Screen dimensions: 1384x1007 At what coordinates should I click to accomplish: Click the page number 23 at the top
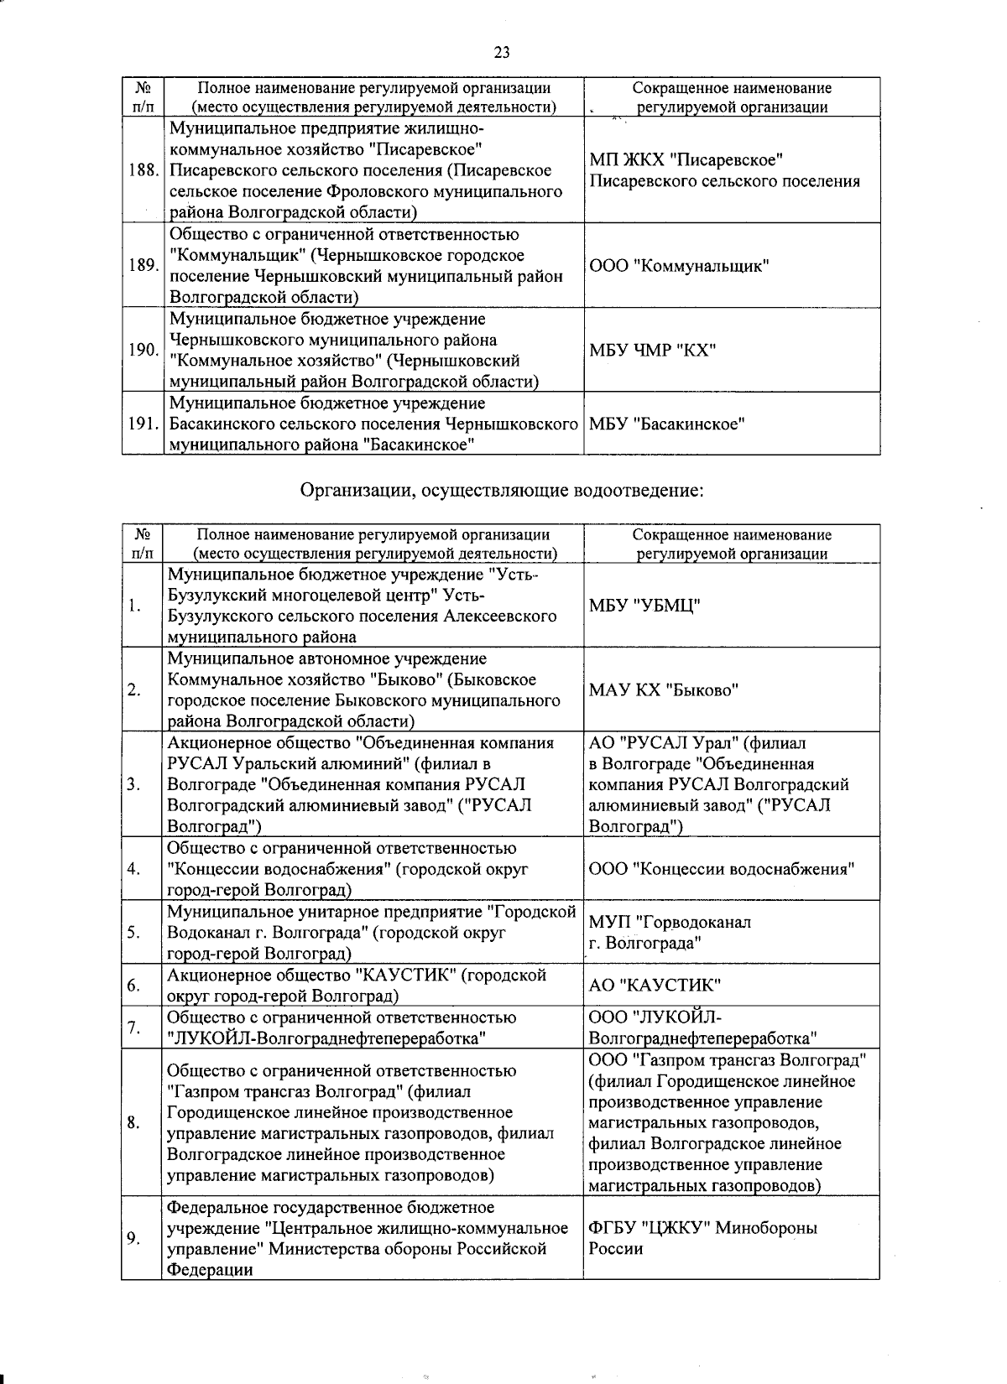pos(502,53)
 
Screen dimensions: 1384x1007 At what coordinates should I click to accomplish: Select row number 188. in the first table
pos(143,170)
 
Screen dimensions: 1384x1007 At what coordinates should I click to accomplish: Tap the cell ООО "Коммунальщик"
pos(679,266)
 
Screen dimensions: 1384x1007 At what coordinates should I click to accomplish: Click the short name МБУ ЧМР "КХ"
pos(652,350)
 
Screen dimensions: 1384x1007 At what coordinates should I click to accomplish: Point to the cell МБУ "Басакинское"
pos(667,424)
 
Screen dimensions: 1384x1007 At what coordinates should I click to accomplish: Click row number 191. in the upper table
pos(143,424)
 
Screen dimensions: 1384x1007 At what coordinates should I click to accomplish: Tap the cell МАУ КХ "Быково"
pos(663,690)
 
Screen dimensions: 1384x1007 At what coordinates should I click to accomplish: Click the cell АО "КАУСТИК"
pos(655,986)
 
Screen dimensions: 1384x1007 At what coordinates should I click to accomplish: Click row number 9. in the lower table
pos(134,1239)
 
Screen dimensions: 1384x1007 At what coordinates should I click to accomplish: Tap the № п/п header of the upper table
pos(143,97)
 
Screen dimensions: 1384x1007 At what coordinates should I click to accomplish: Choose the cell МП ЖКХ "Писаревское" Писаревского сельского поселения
pos(724,170)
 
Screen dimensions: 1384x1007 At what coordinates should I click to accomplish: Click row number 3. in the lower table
pos(134,785)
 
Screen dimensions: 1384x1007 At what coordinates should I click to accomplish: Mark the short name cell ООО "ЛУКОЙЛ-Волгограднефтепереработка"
pos(703,1028)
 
